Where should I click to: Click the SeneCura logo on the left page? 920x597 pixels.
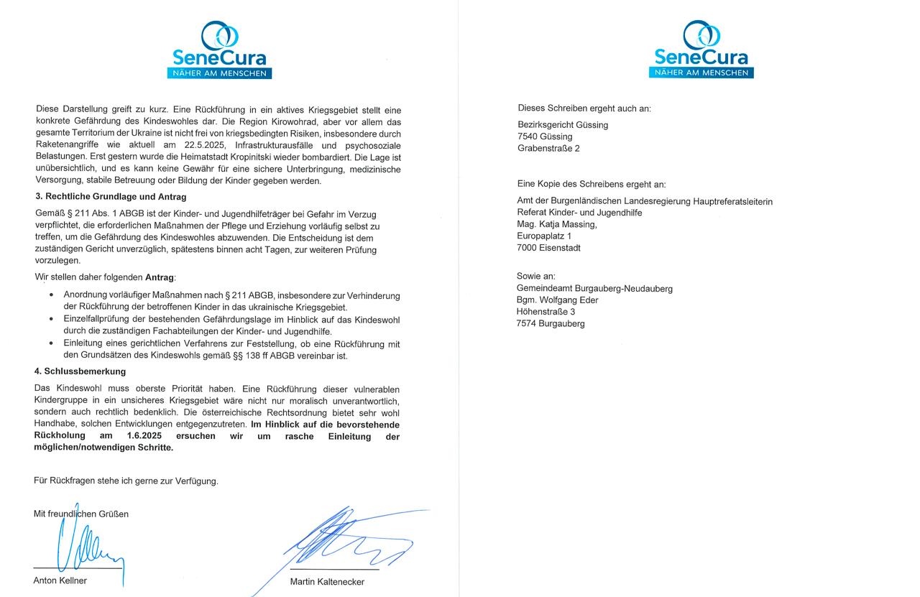point(219,50)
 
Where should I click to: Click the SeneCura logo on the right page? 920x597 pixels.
point(701,50)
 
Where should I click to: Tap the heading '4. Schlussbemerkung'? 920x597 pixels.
point(80,371)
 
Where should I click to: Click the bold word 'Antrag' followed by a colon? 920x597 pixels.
point(160,277)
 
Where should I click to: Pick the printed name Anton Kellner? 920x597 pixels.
point(60,580)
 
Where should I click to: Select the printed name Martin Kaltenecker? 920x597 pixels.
point(327,582)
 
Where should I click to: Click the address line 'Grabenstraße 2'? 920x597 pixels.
point(548,149)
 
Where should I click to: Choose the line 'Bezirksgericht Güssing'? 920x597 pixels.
point(563,125)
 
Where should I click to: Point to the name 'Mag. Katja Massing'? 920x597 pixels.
point(556,224)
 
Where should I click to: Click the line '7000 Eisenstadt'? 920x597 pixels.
point(548,248)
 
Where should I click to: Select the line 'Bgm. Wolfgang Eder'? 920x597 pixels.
point(557,300)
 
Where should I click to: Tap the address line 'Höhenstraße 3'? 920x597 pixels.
point(546,312)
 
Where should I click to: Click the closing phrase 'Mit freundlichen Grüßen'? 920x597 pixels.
point(81,514)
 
